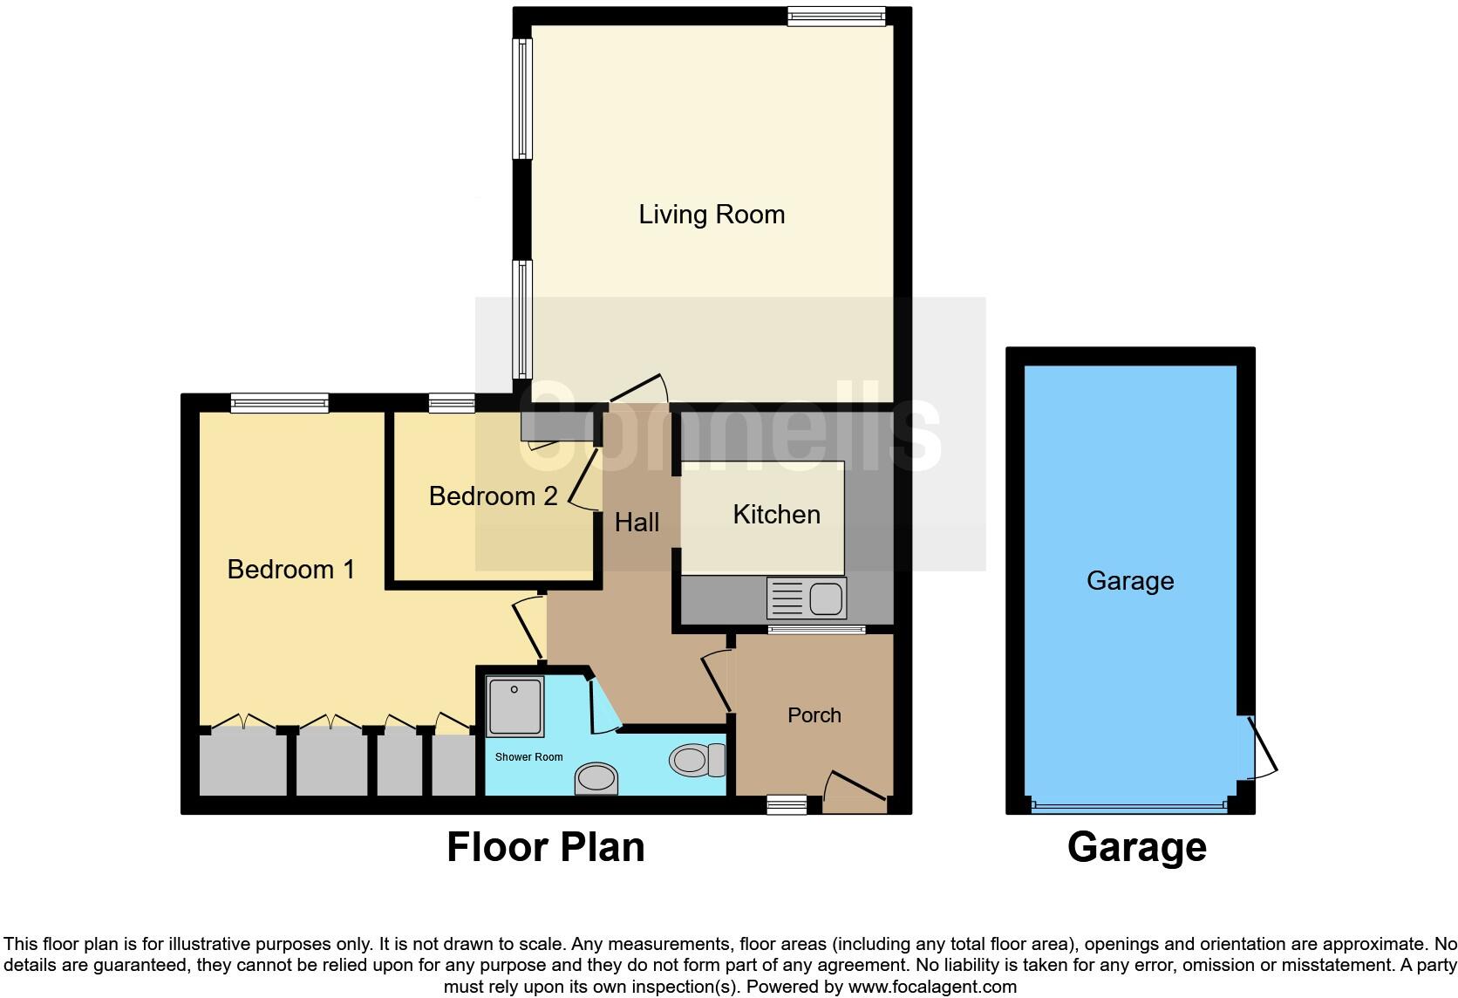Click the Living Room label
(x=712, y=215)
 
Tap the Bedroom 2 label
(x=493, y=496)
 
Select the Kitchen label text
(x=776, y=515)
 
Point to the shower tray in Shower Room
(x=515, y=706)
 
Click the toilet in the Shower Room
(x=698, y=760)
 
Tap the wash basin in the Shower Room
(x=597, y=778)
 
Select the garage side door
(x=1260, y=748)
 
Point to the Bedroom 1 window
(x=280, y=402)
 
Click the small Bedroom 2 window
(x=452, y=402)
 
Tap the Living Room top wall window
(x=835, y=16)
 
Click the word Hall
(x=637, y=523)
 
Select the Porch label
(x=814, y=715)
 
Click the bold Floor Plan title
(x=546, y=847)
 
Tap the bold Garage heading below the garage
(x=1136, y=847)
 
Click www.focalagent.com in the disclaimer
(x=931, y=987)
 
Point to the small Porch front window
(x=787, y=804)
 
